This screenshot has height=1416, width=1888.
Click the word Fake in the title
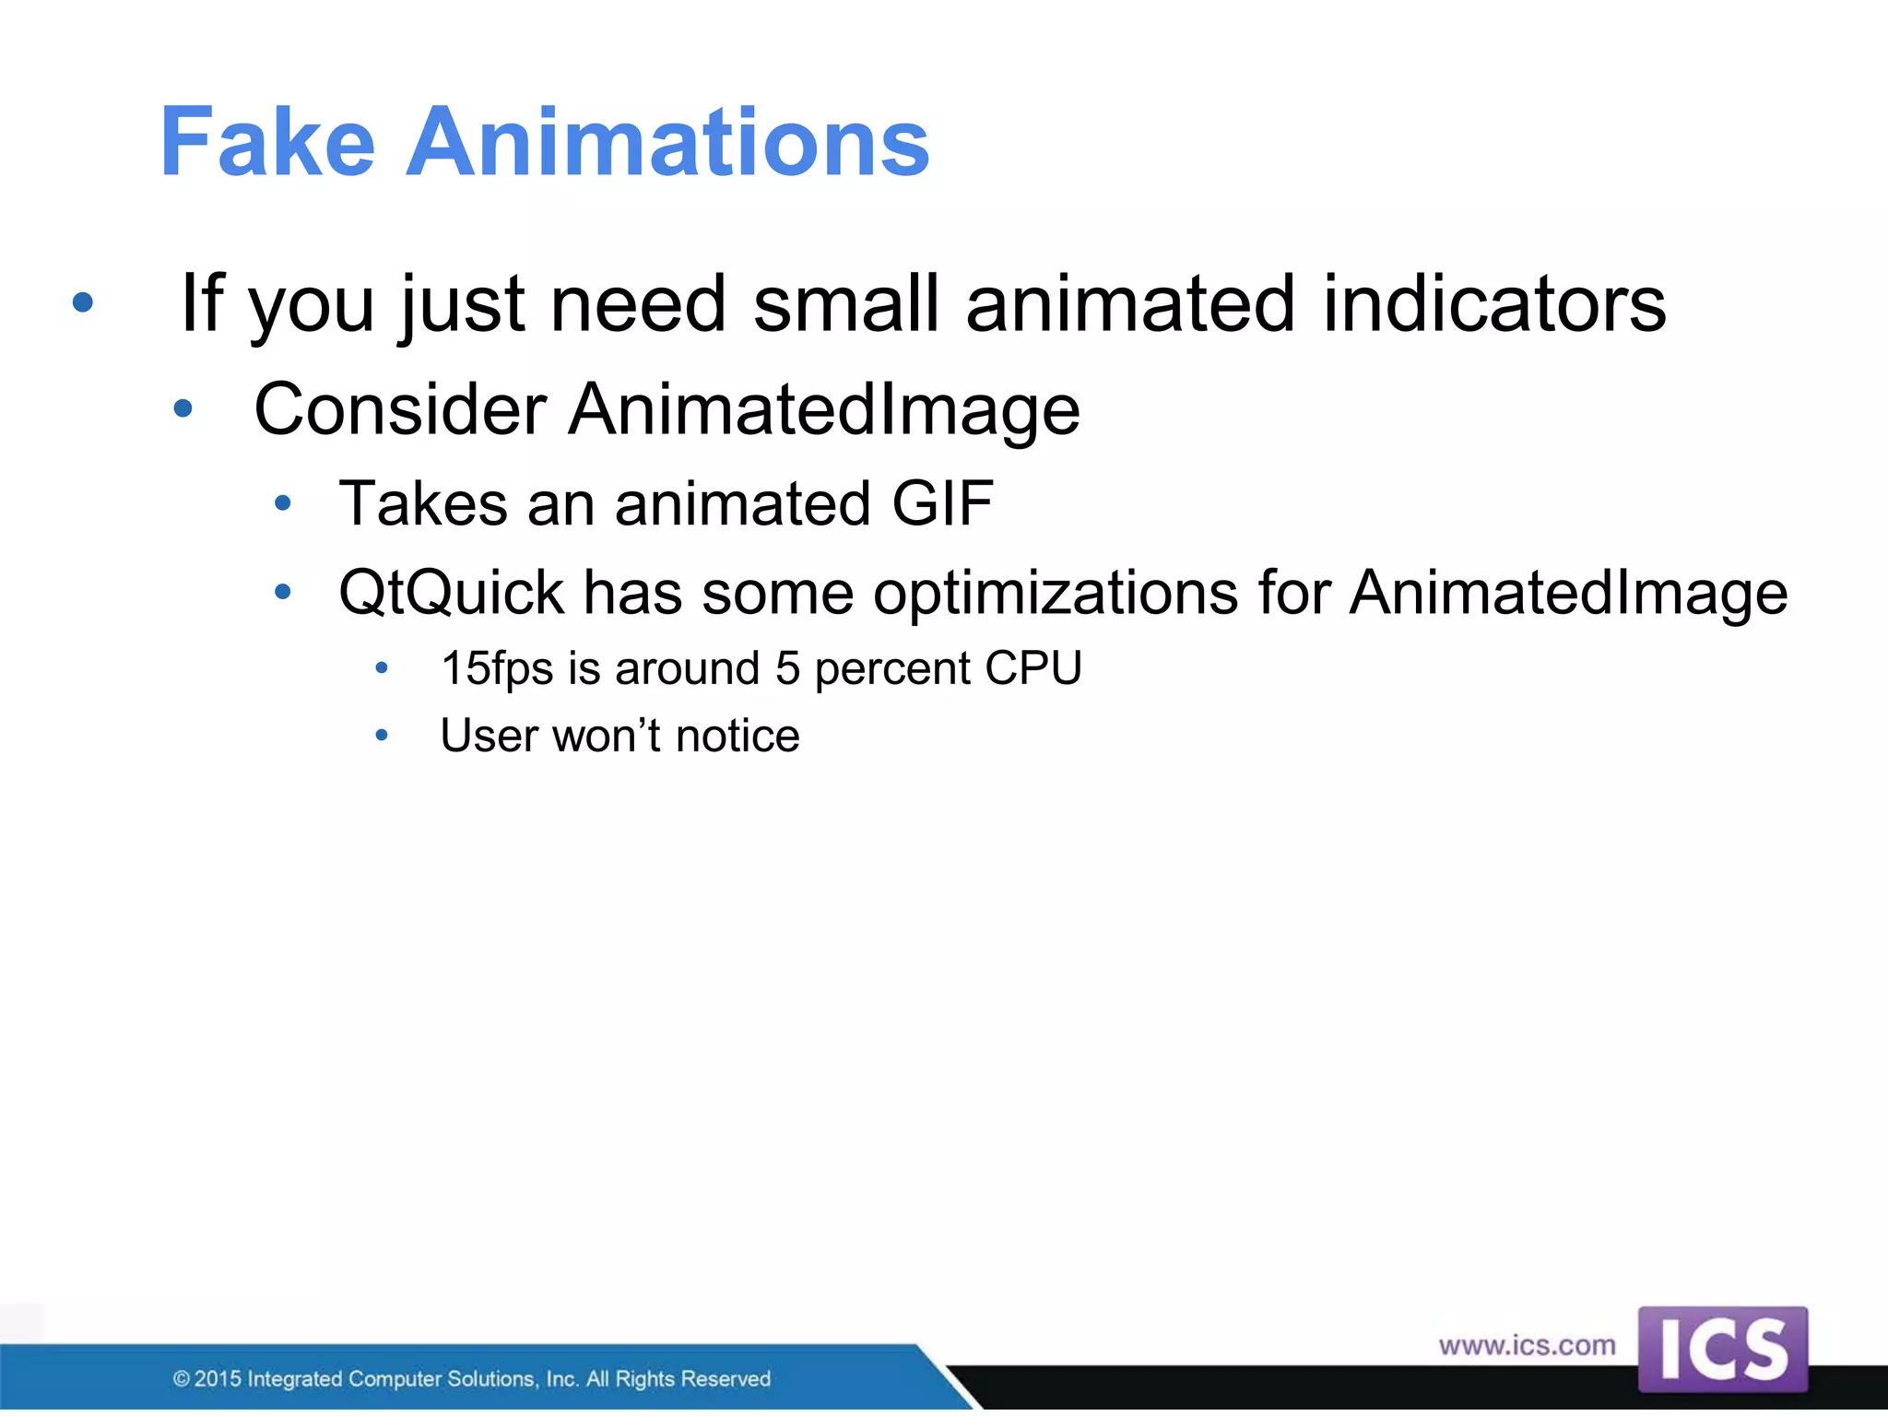(267, 143)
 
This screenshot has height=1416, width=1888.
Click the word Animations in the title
(667, 143)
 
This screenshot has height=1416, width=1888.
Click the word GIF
(942, 504)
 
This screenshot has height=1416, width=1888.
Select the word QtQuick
(451, 593)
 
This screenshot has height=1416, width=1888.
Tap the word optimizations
(1056, 593)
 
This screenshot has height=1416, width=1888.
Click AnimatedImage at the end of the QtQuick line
(1568, 593)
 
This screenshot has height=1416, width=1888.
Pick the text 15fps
(496, 668)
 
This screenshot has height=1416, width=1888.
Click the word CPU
(1032, 668)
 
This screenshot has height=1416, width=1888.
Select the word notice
(737, 737)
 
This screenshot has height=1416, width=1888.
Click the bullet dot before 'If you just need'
(83, 302)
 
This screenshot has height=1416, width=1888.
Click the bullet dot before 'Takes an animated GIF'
(283, 503)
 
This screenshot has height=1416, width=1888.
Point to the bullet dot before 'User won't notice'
(382, 736)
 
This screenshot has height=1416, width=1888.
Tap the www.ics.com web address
(1527, 1346)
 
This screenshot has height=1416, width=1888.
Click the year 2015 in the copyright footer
(218, 1379)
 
